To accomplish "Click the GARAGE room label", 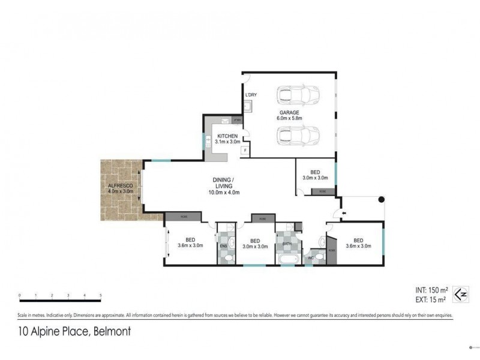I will [289, 113].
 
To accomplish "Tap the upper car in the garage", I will [298, 95].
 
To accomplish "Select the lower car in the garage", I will [298, 136].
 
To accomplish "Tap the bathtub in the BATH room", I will [287, 258].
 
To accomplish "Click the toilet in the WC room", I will [321, 257].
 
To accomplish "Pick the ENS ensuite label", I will [223, 245].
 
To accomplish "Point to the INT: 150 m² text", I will [433, 290].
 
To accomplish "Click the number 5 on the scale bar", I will [101, 296].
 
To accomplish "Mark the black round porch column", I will [380, 199].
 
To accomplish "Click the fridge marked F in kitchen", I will [245, 149].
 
